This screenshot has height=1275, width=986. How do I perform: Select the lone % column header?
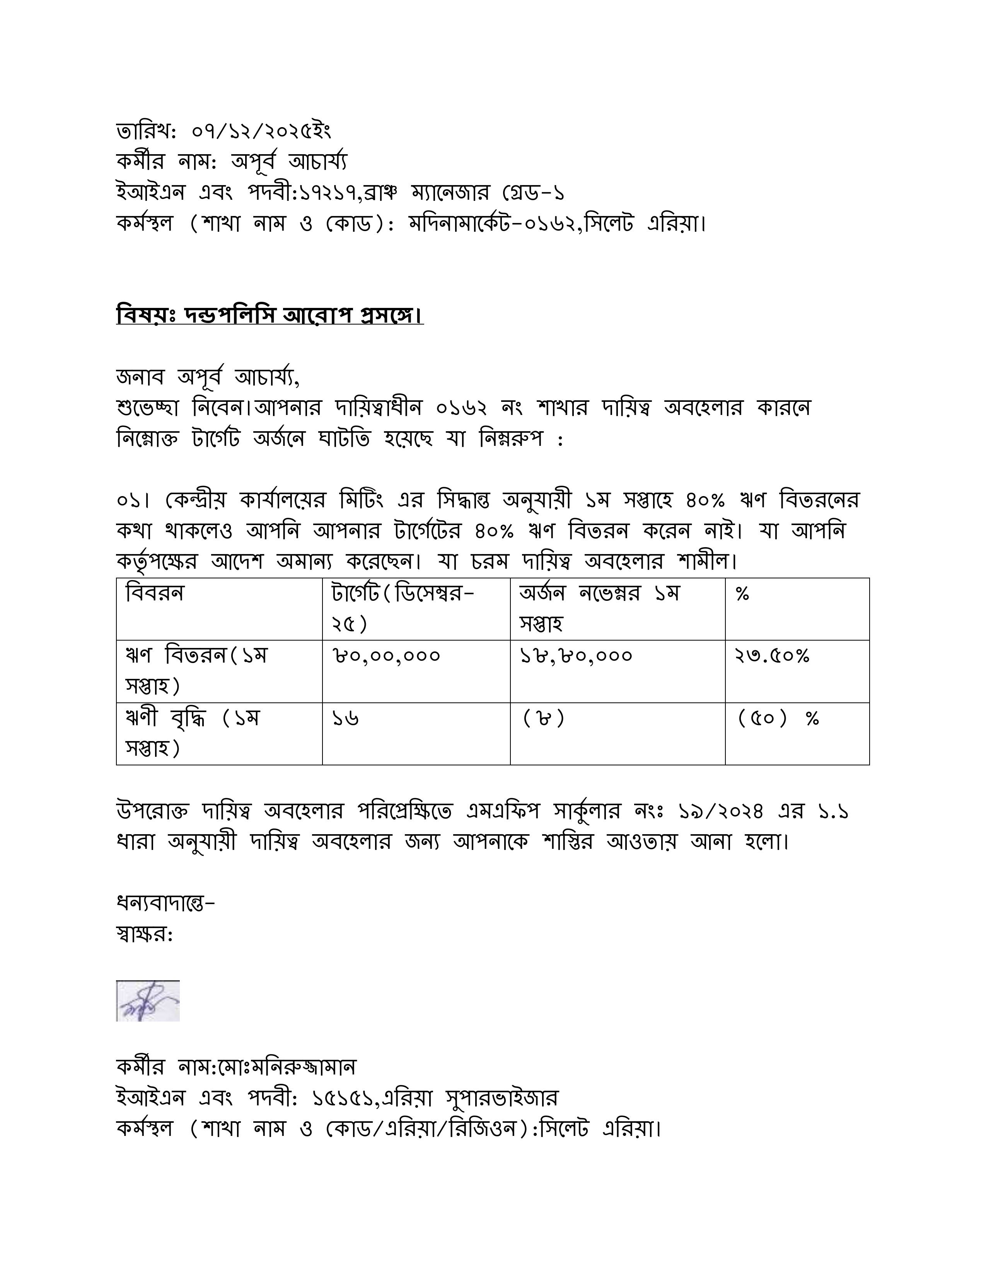[x=742, y=594]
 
